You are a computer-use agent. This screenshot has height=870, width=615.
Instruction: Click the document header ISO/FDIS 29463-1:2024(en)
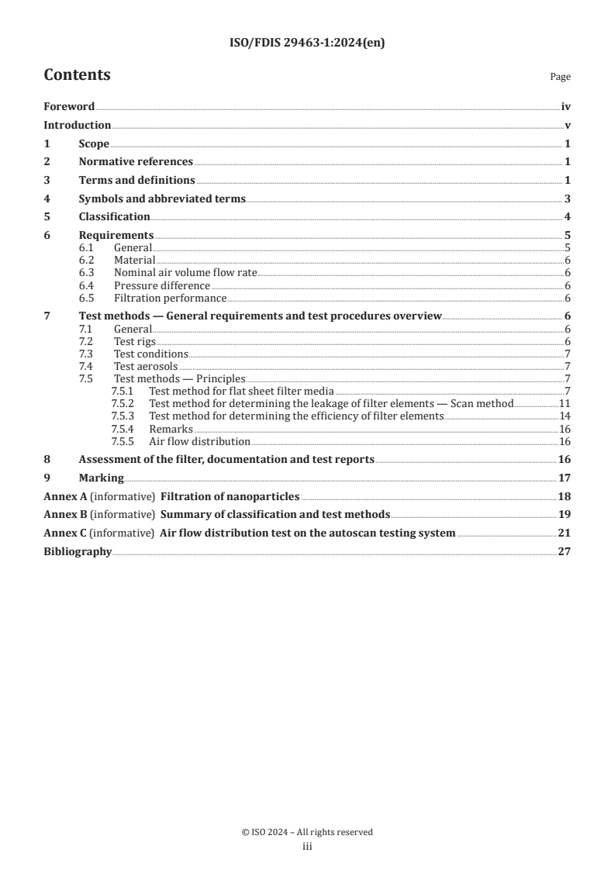tap(307, 43)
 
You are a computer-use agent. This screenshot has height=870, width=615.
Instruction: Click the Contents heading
tap(77, 75)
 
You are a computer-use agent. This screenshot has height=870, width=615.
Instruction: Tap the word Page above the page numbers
tap(560, 77)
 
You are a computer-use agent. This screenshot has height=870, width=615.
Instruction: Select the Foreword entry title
tap(69, 107)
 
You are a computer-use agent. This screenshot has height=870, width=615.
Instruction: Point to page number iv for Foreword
tap(566, 107)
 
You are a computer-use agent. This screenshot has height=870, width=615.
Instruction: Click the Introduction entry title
tap(77, 125)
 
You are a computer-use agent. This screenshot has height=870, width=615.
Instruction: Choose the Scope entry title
tap(94, 143)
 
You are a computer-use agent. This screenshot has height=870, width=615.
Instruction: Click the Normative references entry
tap(136, 161)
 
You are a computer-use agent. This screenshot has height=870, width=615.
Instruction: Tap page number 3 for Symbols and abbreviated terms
tap(568, 199)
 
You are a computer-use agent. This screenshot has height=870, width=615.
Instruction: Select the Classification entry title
tap(114, 216)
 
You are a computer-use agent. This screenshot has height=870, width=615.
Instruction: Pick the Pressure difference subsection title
tap(162, 285)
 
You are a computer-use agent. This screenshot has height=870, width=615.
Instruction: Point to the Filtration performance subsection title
tap(170, 298)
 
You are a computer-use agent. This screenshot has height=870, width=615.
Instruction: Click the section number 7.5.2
tap(122, 404)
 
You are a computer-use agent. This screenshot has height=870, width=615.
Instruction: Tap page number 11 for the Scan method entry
tap(565, 404)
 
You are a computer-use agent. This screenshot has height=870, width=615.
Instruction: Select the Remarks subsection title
tap(171, 429)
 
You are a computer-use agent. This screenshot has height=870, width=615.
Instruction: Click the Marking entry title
tap(101, 478)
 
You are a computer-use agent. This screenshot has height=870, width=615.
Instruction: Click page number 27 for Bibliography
tap(565, 551)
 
